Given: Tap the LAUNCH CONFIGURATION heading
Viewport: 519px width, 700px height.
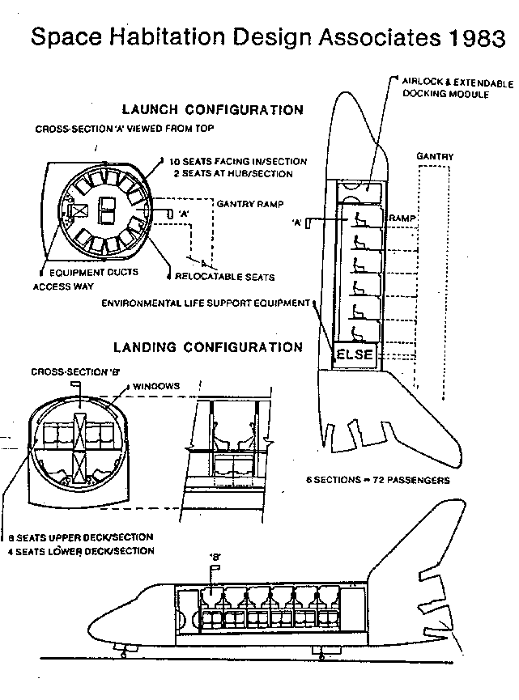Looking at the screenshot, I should tap(212, 109).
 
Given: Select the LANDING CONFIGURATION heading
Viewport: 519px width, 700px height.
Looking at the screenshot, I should tap(208, 347).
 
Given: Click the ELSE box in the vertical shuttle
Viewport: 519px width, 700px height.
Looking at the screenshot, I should tap(355, 354).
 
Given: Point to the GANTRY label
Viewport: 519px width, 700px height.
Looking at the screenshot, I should tap(435, 156).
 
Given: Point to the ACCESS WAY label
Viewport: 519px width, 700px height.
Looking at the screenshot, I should tap(63, 286).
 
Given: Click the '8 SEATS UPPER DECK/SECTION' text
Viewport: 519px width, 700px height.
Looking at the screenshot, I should tap(80, 537).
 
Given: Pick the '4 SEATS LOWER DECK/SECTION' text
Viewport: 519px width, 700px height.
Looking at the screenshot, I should tap(80, 550).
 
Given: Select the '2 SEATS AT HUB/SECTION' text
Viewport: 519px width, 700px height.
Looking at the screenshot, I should tap(232, 173).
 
